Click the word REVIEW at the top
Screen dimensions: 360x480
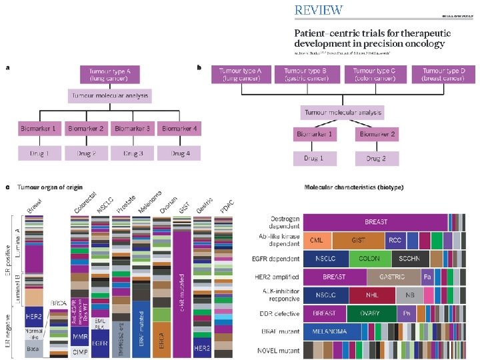pos(319,10)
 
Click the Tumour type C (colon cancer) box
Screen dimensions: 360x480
pos(375,74)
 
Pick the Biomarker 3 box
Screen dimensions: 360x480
pos(133,129)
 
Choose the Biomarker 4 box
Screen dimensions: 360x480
pos(179,129)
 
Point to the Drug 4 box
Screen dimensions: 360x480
pos(179,154)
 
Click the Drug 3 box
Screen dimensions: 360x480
pos(133,154)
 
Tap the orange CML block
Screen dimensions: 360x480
pos(317,240)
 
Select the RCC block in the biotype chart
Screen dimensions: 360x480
pos(395,240)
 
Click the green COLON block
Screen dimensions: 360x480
pos(369,258)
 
